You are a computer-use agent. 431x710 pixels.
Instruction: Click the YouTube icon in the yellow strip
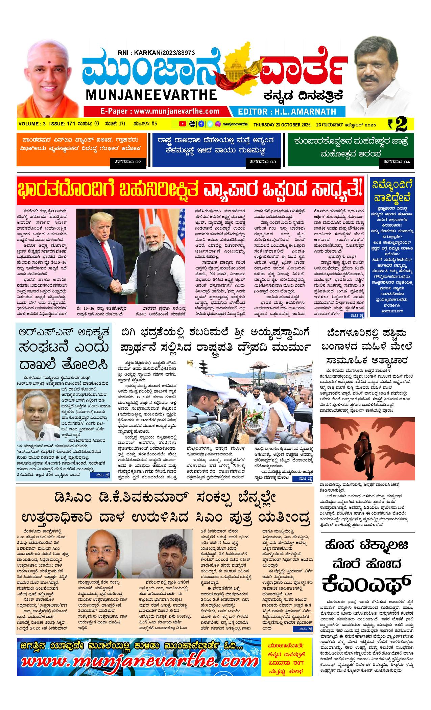click(x=182, y=124)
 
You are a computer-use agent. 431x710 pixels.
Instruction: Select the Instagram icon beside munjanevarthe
click(x=218, y=124)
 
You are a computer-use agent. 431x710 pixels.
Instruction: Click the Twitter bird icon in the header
click(x=210, y=124)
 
